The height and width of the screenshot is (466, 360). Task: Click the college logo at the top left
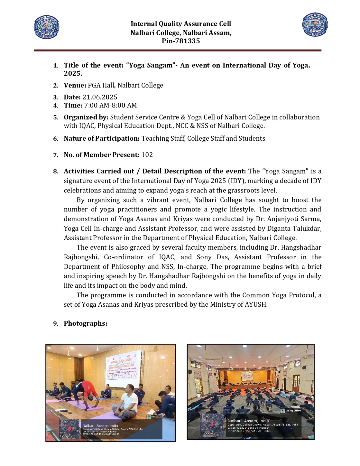(x=47, y=27)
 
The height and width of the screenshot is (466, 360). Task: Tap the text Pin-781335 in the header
(x=181, y=41)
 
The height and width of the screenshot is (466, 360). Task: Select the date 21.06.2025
(x=100, y=97)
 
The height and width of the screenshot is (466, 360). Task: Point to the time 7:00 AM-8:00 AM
(x=110, y=105)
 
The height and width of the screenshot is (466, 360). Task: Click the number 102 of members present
(x=147, y=155)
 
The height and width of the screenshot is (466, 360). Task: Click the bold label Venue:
(x=75, y=85)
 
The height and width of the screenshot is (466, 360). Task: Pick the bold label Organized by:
(x=86, y=117)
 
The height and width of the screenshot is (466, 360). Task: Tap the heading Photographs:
(x=85, y=323)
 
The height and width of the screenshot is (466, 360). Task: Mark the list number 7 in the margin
(x=56, y=155)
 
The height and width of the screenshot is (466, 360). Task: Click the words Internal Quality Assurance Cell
(x=181, y=24)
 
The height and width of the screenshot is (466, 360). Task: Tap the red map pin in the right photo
(x=212, y=424)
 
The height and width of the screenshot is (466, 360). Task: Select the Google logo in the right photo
(x=207, y=433)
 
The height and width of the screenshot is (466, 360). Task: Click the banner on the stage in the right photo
(x=250, y=375)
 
